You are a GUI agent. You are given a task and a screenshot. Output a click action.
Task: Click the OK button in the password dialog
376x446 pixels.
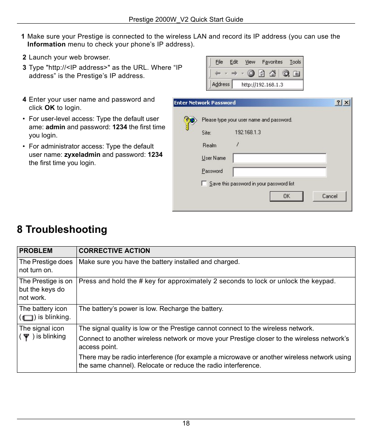point(287,196)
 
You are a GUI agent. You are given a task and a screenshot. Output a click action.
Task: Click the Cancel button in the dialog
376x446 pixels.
point(329,196)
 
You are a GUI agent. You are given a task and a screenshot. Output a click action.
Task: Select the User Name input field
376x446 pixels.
point(279,158)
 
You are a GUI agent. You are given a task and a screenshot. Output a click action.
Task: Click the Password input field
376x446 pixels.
point(279,172)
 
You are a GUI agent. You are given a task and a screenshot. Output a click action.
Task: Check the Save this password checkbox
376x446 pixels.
point(204,183)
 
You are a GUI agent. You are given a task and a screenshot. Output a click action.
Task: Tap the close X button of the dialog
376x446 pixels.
point(346,102)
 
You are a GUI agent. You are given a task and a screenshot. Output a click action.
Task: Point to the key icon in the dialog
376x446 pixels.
point(189,123)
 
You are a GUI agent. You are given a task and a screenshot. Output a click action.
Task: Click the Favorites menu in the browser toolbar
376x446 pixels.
point(272,62)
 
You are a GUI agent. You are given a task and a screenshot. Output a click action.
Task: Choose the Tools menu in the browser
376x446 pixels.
point(295,62)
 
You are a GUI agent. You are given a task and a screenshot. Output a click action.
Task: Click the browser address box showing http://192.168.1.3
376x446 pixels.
point(267,84)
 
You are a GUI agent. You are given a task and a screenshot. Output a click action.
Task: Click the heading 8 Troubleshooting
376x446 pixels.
point(62,230)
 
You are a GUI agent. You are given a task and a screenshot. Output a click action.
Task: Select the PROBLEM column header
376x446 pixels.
point(36,251)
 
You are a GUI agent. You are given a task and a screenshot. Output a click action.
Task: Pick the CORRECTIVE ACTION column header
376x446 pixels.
point(114,251)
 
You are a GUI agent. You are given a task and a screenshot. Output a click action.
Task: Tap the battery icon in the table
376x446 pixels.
point(28,318)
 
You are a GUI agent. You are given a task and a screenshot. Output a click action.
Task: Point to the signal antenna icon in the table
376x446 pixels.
point(26,337)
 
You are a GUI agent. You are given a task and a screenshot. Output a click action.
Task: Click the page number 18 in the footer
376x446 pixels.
point(186,424)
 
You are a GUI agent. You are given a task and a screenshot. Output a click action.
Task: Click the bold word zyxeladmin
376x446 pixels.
point(82,155)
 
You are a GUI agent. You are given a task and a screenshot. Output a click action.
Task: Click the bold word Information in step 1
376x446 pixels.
point(47,45)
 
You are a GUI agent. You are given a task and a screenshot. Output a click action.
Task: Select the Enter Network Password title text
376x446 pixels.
point(205,103)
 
